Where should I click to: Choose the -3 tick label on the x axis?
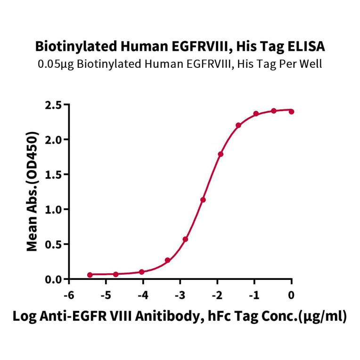(179, 295)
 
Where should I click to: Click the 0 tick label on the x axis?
(291, 295)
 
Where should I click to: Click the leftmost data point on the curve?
(90, 274)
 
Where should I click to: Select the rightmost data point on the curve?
(291, 112)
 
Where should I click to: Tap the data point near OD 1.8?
(221, 154)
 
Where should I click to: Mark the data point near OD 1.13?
(203, 200)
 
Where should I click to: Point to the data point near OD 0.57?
(186, 239)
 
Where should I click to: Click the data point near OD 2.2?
(238, 125)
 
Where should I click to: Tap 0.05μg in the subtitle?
(54, 64)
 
